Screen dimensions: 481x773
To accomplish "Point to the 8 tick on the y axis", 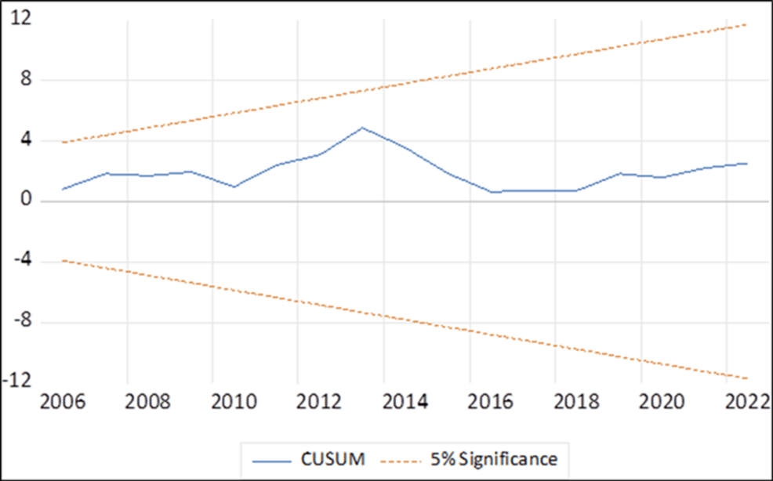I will pos(24,79).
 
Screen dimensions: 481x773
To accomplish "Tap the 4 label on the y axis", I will pos(24,140).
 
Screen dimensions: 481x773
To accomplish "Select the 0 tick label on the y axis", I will pos(24,201).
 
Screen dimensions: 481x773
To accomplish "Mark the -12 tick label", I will pos(16,382).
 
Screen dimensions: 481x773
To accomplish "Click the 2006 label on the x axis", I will pos(64,406).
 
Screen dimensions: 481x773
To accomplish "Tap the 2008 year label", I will pos(148,406).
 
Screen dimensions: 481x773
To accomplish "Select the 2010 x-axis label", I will pos(234,406).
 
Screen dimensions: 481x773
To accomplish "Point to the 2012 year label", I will pos(319,406).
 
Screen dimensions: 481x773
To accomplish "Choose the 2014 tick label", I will pos(405,406).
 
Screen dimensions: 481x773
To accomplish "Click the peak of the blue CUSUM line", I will pos(361,127).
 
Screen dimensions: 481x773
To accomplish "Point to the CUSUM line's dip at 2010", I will pos(234,186).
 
